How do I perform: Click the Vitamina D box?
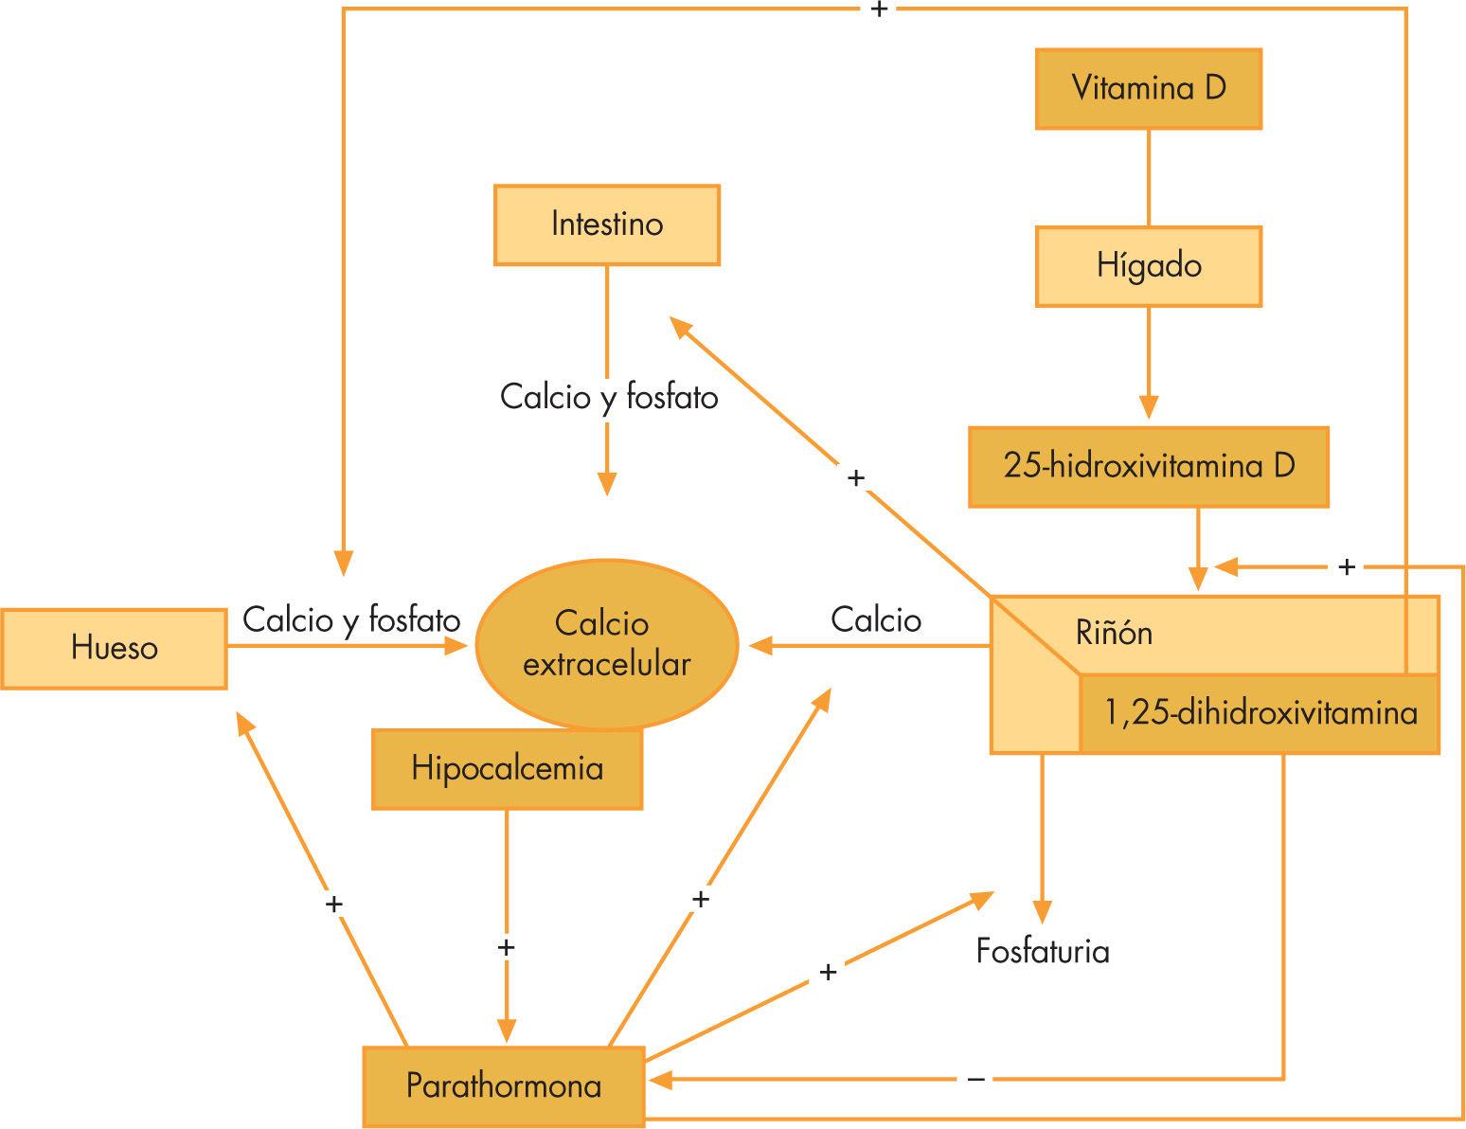[x=1148, y=89]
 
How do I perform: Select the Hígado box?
[x=1148, y=266]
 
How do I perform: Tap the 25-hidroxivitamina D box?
[x=1148, y=467]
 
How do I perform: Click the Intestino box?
[x=606, y=224]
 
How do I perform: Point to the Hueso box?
[x=114, y=649]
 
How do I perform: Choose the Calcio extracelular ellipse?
[x=606, y=644]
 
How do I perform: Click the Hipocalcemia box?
[x=507, y=768]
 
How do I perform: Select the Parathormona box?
[x=504, y=1085]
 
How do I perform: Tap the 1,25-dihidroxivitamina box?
[x=1260, y=713]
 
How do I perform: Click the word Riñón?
[x=1114, y=633]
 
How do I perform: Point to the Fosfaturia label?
[x=1043, y=951]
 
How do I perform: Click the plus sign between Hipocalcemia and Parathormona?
[x=506, y=947]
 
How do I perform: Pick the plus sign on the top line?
[x=878, y=9]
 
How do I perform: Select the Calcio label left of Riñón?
[x=876, y=620]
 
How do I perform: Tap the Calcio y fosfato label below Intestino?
[x=609, y=397]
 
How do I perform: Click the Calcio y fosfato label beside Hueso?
[x=351, y=620]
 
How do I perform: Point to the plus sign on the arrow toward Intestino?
[x=856, y=478]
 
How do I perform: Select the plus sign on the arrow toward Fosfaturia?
[x=828, y=972]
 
